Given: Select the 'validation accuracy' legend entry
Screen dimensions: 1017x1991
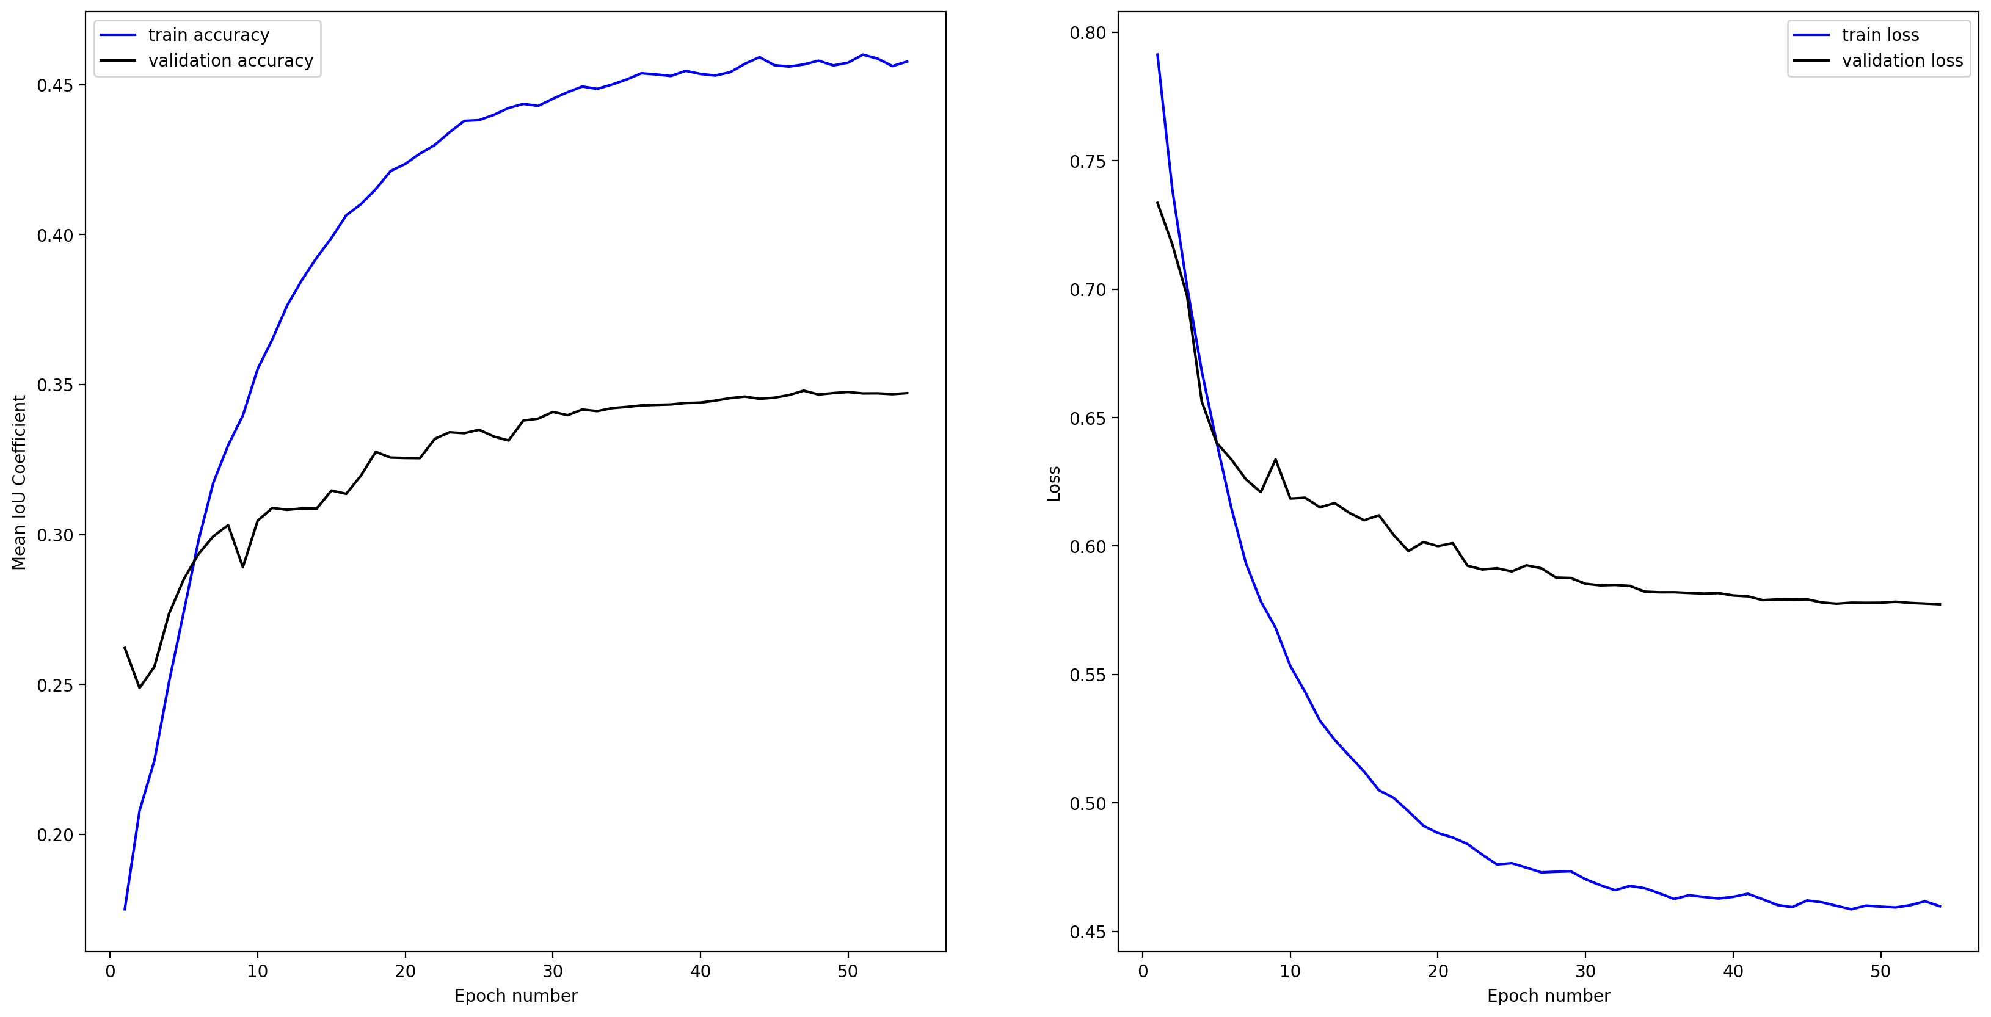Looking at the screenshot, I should pyautogui.click(x=230, y=60).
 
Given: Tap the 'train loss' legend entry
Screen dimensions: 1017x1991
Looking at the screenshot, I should pyautogui.click(x=1880, y=35).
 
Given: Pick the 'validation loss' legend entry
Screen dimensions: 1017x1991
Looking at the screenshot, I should pyautogui.click(x=1901, y=60).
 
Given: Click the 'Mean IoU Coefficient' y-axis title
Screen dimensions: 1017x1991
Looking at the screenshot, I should pyautogui.click(x=20, y=482).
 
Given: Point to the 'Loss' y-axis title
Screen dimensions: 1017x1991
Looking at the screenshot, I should pyautogui.click(x=1054, y=483).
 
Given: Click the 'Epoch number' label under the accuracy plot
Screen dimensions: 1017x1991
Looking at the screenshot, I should pyautogui.click(x=515, y=996).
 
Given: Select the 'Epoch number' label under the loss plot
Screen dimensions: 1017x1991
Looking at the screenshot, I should pyautogui.click(x=1548, y=996).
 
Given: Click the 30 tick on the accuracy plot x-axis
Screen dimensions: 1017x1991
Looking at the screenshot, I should pyautogui.click(x=553, y=971).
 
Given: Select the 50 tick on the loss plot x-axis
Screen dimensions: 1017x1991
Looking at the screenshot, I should pyautogui.click(x=1880, y=971).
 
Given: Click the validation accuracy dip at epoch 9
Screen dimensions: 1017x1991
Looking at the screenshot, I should pyautogui.click(x=242, y=566).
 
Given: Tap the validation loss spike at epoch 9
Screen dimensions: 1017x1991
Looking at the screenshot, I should pyautogui.click(x=1275, y=459).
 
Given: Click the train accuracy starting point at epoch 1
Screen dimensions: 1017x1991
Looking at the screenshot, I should pyautogui.click(x=125, y=909).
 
